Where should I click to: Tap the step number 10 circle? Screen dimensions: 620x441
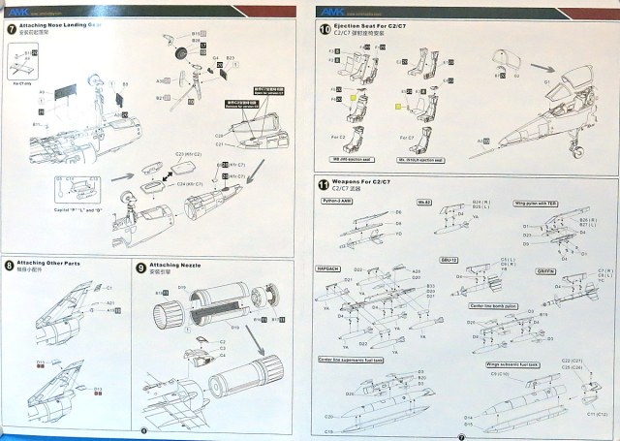click(325, 29)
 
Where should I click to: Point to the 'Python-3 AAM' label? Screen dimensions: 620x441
click(339, 201)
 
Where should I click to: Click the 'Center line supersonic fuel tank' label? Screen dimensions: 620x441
click(352, 359)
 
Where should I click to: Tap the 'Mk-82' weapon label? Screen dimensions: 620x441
click(423, 201)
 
